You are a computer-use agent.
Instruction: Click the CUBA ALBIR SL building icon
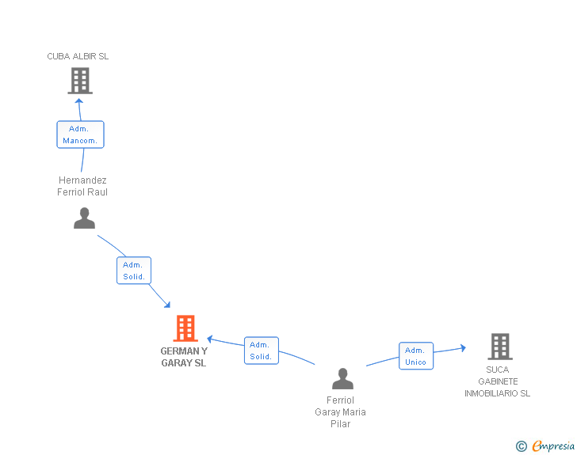coord(79,81)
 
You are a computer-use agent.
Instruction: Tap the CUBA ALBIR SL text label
coord(78,56)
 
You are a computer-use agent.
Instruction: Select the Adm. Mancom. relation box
coord(80,135)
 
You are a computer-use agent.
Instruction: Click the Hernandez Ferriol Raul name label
coord(82,186)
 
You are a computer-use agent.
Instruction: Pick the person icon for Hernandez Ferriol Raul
coord(84,218)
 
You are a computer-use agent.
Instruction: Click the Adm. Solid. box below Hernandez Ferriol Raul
coord(134,271)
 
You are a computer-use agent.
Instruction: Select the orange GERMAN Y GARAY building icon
coord(185,328)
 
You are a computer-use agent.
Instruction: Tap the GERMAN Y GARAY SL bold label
coord(184,357)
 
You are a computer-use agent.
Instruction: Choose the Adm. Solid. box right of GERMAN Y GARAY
coord(261,351)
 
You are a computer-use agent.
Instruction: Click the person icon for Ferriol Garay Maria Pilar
coord(342,379)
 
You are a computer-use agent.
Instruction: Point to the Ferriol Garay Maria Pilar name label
coord(340,411)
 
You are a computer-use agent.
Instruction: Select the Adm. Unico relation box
coord(415,356)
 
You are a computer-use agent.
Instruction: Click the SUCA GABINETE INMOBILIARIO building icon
coord(499,347)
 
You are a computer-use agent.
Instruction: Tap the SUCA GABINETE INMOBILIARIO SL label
coord(498,381)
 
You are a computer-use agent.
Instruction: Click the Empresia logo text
coord(553,446)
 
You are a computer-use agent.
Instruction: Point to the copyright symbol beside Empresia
coord(521,447)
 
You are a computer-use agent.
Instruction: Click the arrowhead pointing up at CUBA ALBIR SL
coord(79,100)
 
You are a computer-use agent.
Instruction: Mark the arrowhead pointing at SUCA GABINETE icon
coord(462,347)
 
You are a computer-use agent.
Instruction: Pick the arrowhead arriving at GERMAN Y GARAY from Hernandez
coord(166,305)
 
